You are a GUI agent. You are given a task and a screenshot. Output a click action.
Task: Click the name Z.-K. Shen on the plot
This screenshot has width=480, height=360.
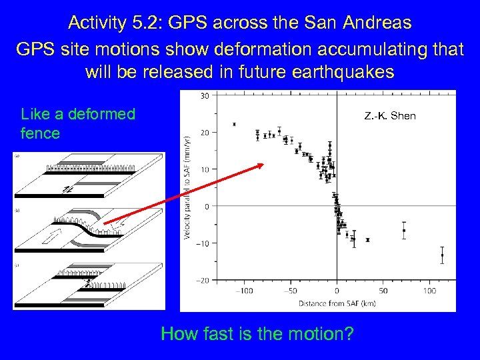pyautogui.click(x=390, y=116)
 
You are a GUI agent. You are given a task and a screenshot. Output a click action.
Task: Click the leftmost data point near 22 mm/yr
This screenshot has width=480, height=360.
pyautogui.click(x=235, y=124)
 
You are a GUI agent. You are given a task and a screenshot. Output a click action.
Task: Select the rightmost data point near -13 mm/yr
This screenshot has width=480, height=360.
pyautogui.click(x=442, y=255)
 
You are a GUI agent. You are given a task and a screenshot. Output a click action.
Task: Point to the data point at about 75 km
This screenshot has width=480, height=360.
pyautogui.click(x=404, y=231)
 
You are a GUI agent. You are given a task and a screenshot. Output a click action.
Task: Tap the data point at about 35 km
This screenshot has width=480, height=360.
pyautogui.click(x=368, y=239)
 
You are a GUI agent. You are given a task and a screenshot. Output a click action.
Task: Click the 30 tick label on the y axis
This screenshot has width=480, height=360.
pyautogui.click(x=205, y=96)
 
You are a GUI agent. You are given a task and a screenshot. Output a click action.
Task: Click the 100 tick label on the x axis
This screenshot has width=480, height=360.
pyautogui.click(x=430, y=291)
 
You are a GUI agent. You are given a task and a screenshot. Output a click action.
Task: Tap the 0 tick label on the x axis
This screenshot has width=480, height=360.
pyautogui.click(x=337, y=291)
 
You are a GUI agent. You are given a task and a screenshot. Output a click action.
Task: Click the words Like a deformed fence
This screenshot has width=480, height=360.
pyautogui.click(x=78, y=123)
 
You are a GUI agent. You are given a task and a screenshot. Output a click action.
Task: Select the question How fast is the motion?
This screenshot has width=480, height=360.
pyautogui.click(x=257, y=333)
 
